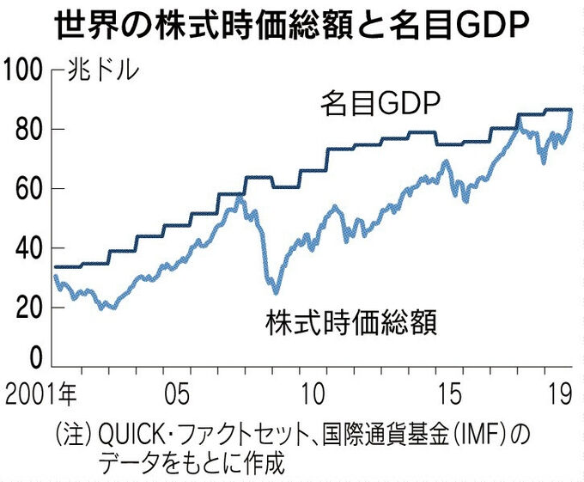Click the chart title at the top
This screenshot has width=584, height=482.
pos(292,26)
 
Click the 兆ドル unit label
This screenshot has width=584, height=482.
pos(101,71)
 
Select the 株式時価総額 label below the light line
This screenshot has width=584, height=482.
pos(351,324)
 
